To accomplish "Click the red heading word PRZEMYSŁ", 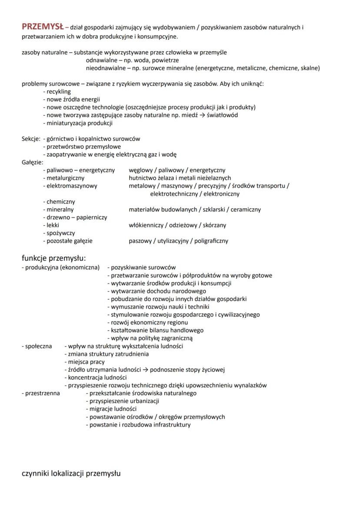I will pos(43,27).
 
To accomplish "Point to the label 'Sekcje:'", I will pos(31,139).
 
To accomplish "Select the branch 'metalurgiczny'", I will pos(66,178).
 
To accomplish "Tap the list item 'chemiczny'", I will pos(61,202).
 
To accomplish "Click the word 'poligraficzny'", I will pos(211,241).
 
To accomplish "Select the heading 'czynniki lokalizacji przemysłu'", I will pos(71,473).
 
